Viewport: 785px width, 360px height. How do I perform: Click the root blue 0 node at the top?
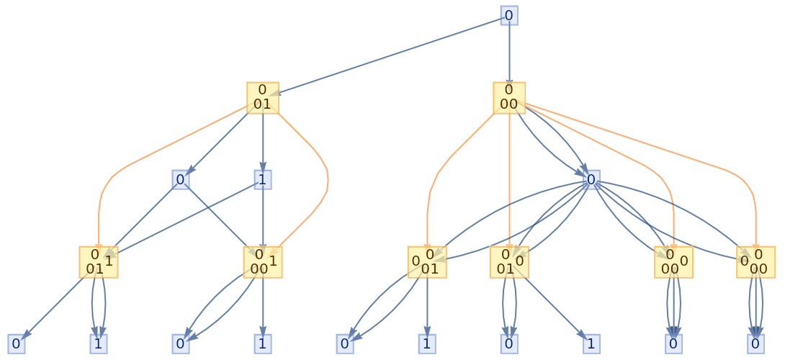(x=509, y=15)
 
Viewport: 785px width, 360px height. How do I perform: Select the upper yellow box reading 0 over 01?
(x=262, y=97)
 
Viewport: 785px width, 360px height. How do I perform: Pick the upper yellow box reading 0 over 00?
(x=509, y=97)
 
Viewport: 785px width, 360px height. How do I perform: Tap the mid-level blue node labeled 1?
(x=263, y=179)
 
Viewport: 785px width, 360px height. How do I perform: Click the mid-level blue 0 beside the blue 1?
(x=181, y=179)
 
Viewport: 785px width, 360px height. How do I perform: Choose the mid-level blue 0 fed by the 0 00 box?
(x=591, y=179)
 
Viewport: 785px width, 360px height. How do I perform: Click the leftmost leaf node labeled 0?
(x=17, y=343)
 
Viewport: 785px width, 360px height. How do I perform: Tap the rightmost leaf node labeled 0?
(x=755, y=343)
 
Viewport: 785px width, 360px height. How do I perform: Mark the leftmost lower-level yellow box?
(x=99, y=262)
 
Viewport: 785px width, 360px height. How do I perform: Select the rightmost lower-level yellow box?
(x=755, y=262)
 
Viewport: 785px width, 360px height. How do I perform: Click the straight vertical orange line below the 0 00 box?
(x=509, y=180)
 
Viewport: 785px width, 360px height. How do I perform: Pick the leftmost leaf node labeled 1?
(x=99, y=343)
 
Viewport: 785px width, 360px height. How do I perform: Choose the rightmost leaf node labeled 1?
(x=591, y=343)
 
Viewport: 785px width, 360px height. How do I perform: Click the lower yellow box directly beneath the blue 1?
(x=262, y=262)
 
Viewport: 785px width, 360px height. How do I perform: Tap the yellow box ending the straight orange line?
(x=509, y=262)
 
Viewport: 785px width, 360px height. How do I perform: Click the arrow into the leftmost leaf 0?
(x=54, y=306)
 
